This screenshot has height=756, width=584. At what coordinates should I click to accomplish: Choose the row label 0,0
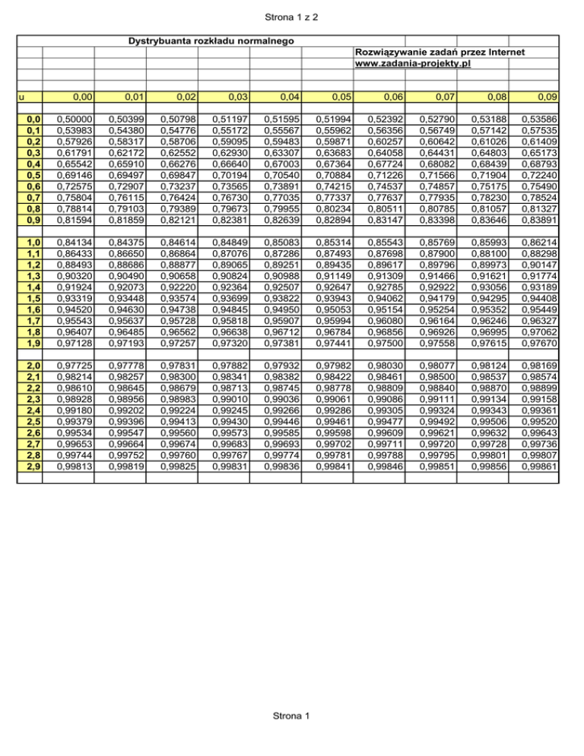(x=32, y=119)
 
